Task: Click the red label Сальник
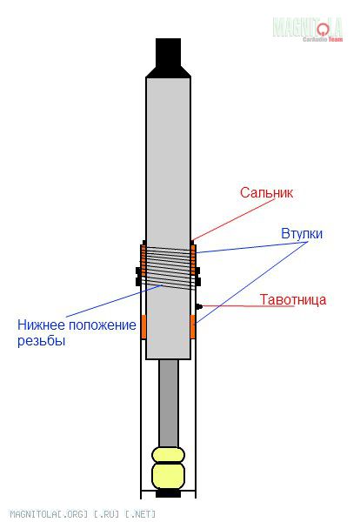point(266,192)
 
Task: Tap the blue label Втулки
point(302,234)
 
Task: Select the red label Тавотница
point(292,299)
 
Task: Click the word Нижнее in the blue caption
point(40,325)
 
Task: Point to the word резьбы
point(41,341)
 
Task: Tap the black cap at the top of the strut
point(169,58)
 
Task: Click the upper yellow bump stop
point(169,455)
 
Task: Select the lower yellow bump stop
point(169,475)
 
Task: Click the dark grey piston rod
point(169,404)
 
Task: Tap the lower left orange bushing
point(143,326)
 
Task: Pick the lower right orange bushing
point(193,326)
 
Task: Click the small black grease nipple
point(199,306)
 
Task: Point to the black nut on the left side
point(138,277)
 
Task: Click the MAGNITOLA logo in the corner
point(308,30)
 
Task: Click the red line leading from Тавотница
point(248,306)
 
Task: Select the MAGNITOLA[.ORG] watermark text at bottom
point(83,513)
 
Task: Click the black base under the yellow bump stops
point(169,493)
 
